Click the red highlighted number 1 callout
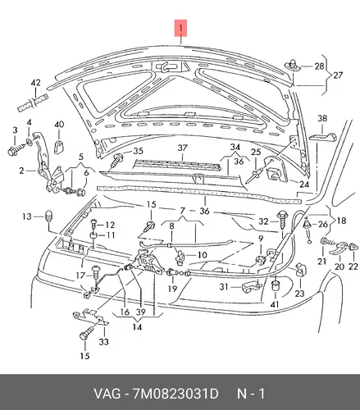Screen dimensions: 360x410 point(180,28)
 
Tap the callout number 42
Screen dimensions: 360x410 point(35,83)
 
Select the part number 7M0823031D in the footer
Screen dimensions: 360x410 point(175,394)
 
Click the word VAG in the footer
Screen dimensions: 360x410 point(107,394)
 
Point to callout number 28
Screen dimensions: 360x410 point(319,66)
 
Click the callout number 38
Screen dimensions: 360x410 point(322,118)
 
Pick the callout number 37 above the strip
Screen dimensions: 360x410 point(182,148)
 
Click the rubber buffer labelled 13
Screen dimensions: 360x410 point(48,216)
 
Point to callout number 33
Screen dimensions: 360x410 point(103,341)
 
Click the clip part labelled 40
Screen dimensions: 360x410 point(59,147)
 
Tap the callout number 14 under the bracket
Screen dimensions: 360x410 point(137,326)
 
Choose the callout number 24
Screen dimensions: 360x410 point(304,184)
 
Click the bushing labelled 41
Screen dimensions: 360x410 point(275,285)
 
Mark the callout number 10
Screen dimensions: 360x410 point(203,255)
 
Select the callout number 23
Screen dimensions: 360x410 point(299,294)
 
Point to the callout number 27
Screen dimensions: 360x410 point(338,75)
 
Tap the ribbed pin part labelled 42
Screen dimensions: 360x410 point(33,102)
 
